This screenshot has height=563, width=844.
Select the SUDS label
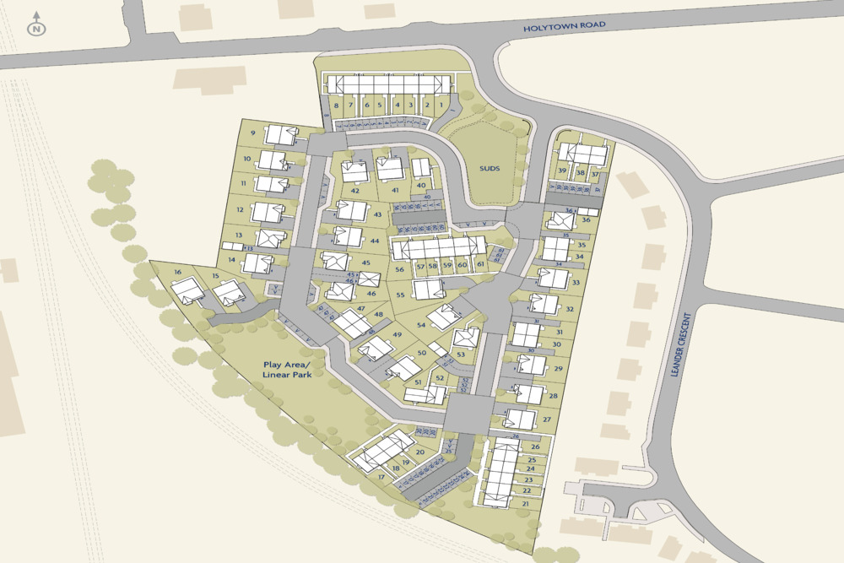(x=489, y=169)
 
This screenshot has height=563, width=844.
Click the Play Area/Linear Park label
(x=286, y=370)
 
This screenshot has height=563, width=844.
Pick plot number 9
(x=252, y=133)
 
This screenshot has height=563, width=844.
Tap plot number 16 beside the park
(x=178, y=273)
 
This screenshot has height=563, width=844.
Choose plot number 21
(x=525, y=504)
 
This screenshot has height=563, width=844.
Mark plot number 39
(x=562, y=171)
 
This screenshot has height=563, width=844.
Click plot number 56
(x=400, y=269)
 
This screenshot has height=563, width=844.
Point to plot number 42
(x=355, y=191)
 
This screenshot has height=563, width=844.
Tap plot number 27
(x=547, y=420)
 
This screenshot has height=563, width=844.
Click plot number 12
(x=241, y=209)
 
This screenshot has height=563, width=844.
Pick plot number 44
(x=375, y=241)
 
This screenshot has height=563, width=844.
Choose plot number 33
(x=576, y=283)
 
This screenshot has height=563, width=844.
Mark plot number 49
(x=397, y=334)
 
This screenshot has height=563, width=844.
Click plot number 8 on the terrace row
(x=336, y=106)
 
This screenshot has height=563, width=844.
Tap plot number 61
(x=479, y=264)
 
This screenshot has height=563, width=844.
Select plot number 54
(x=420, y=325)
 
